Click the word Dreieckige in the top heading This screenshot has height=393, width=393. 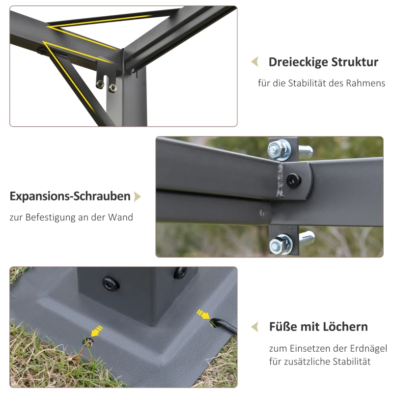tap(298, 62)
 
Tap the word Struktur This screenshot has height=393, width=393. tap(355, 62)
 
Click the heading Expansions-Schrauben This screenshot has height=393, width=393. tap(70, 196)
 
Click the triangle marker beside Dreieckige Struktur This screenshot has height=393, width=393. tap(254, 62)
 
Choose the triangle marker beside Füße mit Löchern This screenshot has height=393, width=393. tap(254, 327)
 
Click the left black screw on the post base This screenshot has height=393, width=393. tap(108, 282)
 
